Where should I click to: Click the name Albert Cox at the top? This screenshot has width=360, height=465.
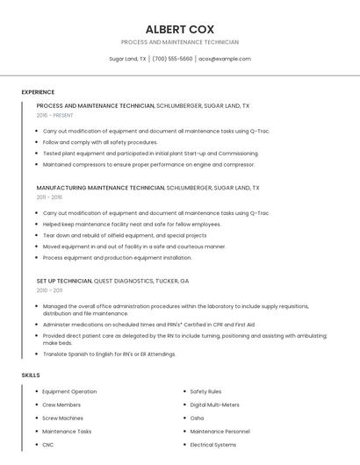click(180, 29)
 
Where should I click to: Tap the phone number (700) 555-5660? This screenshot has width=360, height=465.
click(172, 59)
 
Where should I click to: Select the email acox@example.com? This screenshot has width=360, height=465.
click(225, 59)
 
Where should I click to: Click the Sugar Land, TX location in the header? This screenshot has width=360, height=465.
click(127, 59)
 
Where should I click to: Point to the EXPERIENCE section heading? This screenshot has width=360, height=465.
click(38, 92)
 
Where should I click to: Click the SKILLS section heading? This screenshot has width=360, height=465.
click(31, 375)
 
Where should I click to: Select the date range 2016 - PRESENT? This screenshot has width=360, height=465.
click(54, 115)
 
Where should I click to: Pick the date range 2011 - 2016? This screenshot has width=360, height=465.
click(49, 197)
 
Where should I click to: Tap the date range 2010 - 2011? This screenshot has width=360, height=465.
click(49, 290)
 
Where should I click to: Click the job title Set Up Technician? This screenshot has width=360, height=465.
click(64, 281)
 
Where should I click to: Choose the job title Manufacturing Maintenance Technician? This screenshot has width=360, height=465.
click(100, 188)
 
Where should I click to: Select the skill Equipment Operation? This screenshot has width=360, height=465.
click(69, 391)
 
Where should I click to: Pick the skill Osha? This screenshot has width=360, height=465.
click(197, 418)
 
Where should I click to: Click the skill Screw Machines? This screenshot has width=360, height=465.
click(63, 418)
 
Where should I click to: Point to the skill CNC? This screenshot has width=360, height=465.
click(47, 445)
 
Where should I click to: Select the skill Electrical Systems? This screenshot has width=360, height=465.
click(212, 445)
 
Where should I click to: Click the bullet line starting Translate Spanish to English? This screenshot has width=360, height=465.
click(109, 354)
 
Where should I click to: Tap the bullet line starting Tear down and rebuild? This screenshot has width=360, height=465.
click(125, 235)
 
